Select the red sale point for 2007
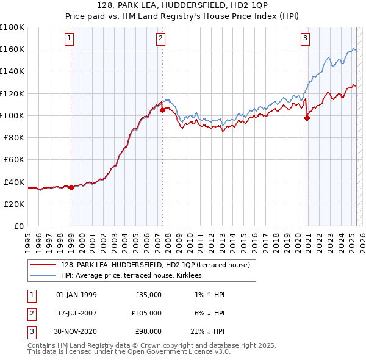[x=163, y=110]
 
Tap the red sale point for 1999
[x=71, y=187]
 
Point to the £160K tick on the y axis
[x=12, y=49]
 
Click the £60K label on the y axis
[x=13, y=159]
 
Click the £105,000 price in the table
[x=147, y=312]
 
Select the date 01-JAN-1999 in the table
[x=76, y=295]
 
